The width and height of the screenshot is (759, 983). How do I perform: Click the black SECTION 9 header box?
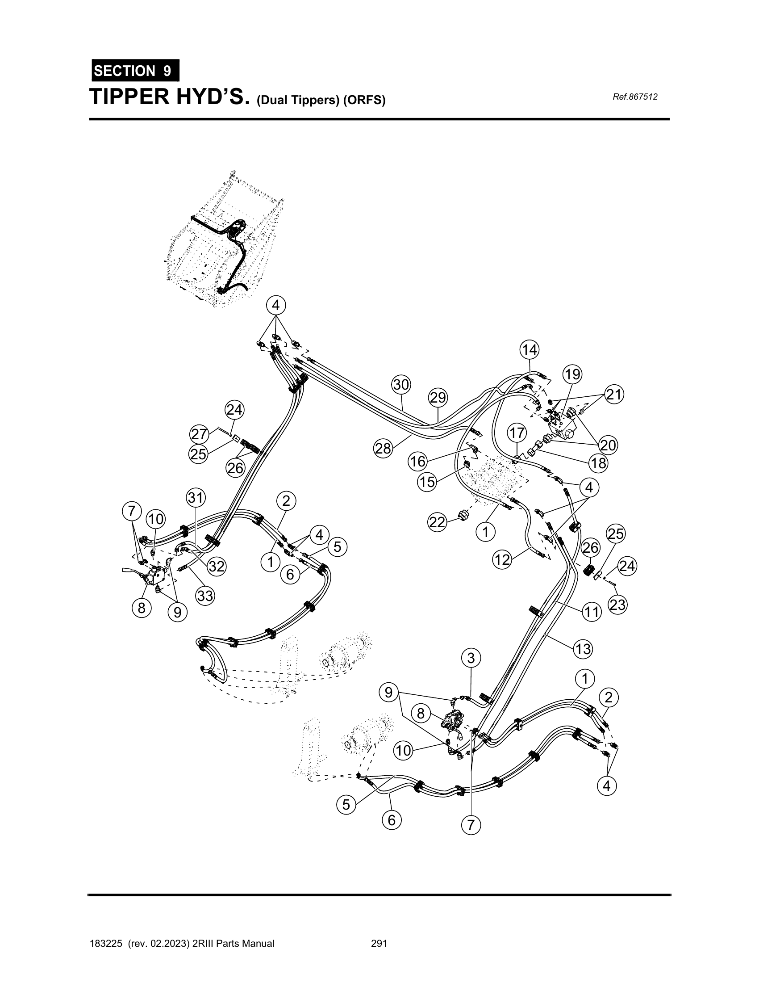[135, 71]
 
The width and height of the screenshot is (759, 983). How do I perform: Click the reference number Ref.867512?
[635, 97]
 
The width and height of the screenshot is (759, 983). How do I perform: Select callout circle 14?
[529, 350]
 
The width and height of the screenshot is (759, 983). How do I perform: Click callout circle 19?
[572, 374]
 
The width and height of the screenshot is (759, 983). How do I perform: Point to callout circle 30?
[401, 384]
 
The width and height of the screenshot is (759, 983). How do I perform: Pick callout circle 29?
[438, 398]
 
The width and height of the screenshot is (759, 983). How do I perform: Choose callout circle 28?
[383, 449]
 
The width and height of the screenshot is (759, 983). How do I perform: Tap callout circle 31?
[196, 498]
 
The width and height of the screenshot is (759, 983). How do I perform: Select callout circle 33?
[205, 597]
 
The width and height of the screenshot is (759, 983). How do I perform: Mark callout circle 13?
[583, 649]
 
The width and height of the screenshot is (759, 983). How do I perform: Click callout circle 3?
[471, 658]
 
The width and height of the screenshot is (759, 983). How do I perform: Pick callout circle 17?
[517, 433]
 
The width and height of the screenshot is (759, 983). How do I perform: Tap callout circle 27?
[199, 434]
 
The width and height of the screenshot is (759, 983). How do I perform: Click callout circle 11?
[592, 612]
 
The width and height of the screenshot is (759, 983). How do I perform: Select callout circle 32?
[217, 566]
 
